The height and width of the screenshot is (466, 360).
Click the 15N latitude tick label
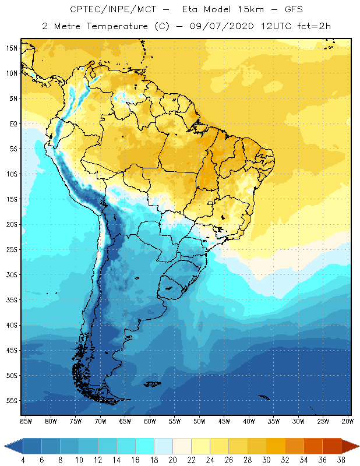pyautogui.click(x=11, y=48)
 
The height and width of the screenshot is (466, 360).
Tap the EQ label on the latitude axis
pyautogui.click(x=12, y=123)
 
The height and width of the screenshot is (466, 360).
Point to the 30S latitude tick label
pyautogui.click(x=11, y=274)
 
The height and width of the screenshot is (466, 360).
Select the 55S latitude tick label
pyautogui.click(x=11, y=401)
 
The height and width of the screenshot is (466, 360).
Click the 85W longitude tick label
pyautogui.click(x=26, y=421)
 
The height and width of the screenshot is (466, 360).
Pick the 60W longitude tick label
pyautogui.click(x=150, y=421)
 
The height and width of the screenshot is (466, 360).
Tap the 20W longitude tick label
pyautogui.click(x=347, y=421)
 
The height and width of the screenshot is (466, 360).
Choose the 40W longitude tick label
pyautogui.click(x=249, y=421)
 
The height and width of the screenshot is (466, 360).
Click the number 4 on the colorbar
pyautogui.click(x=23, y=460)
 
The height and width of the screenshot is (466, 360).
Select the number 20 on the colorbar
pyautogui.click(x=172, y=460)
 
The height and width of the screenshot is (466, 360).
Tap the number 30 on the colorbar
pyautogui.click(x=266, y=460)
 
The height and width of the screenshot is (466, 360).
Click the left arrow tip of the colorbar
pyautogui.click(x=5, y=446)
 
